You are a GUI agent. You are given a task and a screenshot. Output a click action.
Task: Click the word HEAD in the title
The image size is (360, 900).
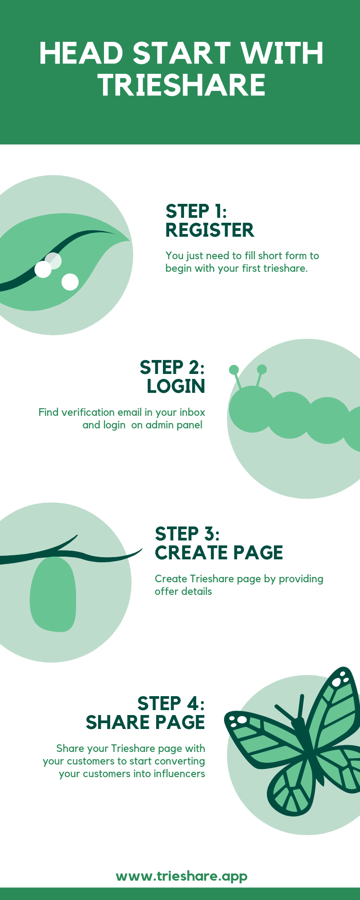(x=81, y=53)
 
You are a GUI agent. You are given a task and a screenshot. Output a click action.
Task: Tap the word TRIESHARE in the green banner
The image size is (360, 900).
(x=182, y=85)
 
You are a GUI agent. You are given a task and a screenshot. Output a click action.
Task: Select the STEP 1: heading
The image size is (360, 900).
(x=196, y=211)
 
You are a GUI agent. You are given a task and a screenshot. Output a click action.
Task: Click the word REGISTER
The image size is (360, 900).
(x=210, y=230)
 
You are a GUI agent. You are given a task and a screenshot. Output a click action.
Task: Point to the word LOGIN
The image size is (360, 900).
(x=176, y=386)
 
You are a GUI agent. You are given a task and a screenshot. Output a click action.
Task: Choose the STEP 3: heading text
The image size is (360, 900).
(x=187, y=534)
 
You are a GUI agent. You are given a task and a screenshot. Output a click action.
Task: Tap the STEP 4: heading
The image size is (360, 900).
(x=171, y=703)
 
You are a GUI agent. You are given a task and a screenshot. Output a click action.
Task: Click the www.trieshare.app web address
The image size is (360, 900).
(x=182, y=876)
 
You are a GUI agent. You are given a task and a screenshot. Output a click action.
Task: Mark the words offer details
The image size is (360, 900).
(x=183, y=591)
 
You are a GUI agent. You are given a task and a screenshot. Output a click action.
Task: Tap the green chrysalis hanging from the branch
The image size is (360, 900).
(x=53, y=594)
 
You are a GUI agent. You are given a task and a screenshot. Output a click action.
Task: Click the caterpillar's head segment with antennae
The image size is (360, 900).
(x=252, y=409)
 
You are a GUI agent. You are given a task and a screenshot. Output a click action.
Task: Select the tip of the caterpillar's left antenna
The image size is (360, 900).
(x=234, y=369)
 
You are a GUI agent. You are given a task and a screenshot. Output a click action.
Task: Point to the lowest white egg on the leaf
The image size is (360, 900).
(x=70, y=282)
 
